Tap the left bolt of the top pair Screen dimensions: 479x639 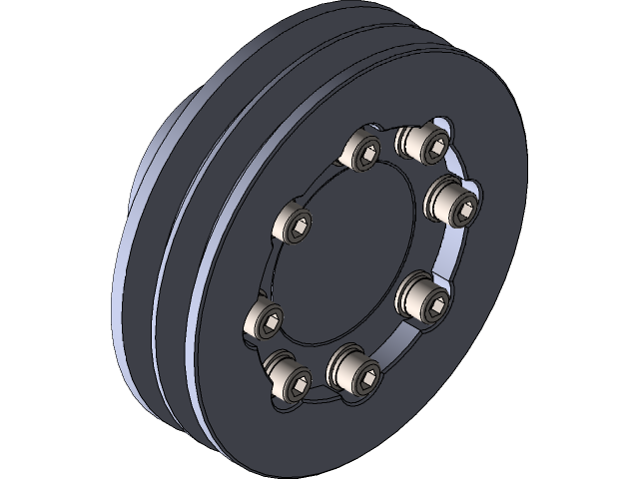[360, 153]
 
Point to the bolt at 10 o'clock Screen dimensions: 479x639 [294, 224]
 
